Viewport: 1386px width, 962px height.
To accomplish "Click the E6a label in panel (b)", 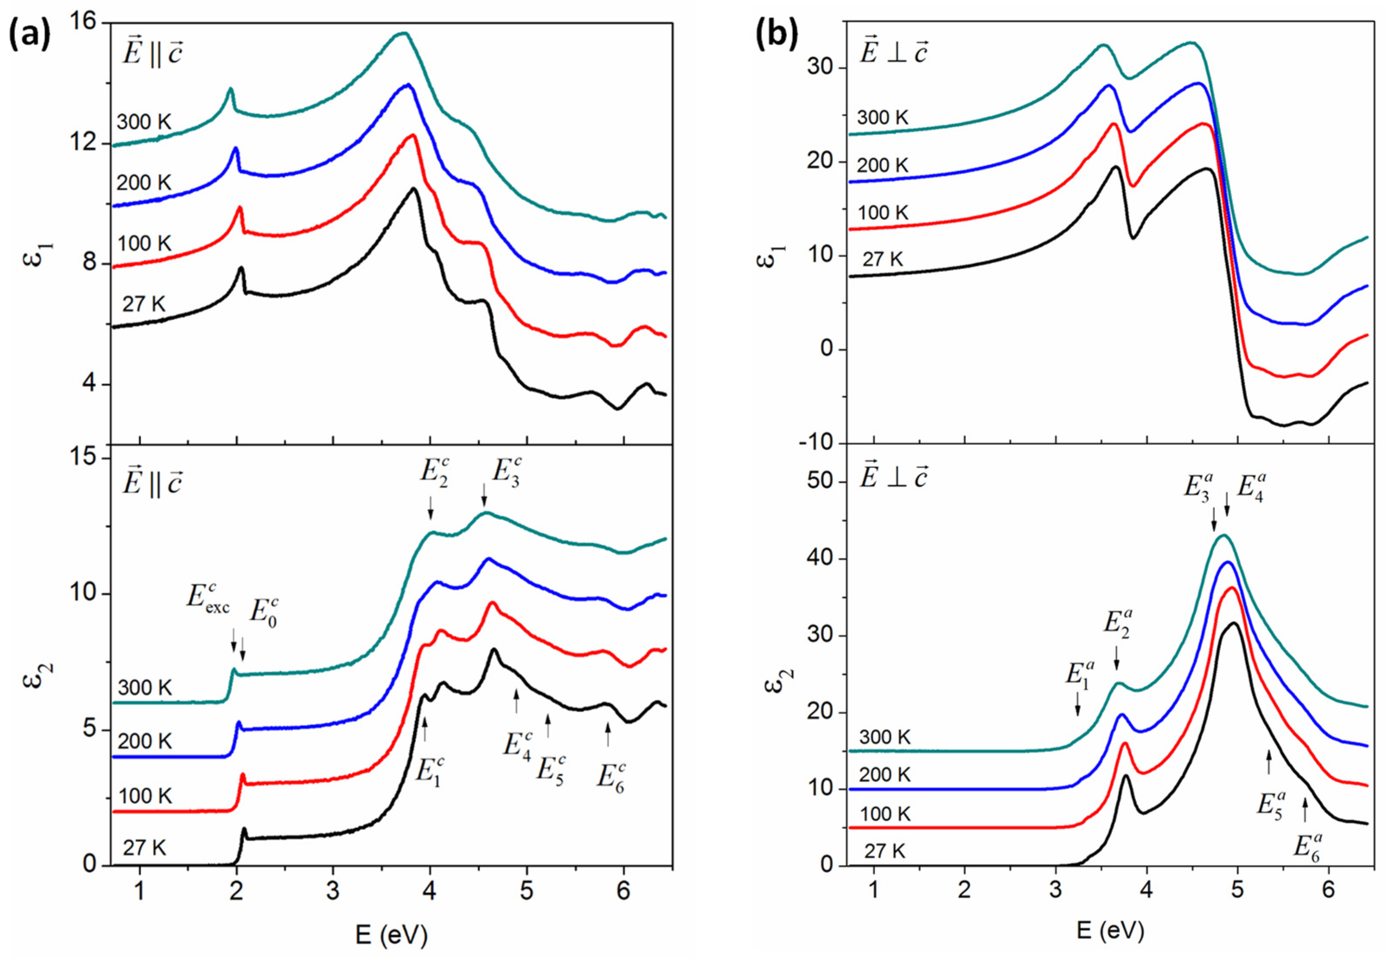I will pyautogui.click(x=1308, y=844).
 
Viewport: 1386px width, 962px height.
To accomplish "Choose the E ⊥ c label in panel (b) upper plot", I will pyautogui.click(x=893, y=54).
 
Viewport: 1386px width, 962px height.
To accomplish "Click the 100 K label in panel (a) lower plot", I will pyautogui.click(x=145, y=796).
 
